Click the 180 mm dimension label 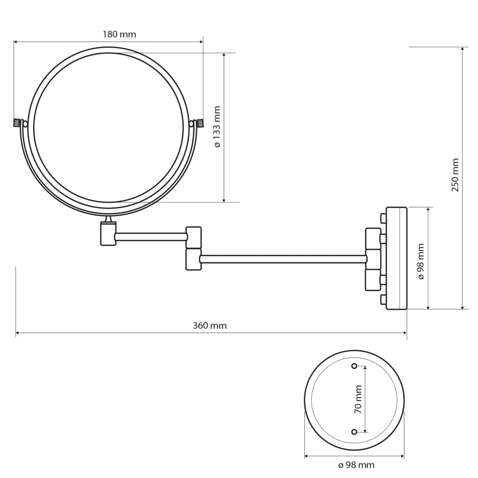pyautogui.click(x=119, y=34)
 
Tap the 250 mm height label pyautogui.click(x=456, y=175)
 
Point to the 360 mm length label pyautogui.click(x=210, y=325)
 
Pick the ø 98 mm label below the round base pyautogui.click(x=356, y=465)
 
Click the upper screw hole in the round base pyautogui.click(x=354, y=365)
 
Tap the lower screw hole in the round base pyautogui.click(x=354, y=431)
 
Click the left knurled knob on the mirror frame pyautogui.click(x=17, y=123)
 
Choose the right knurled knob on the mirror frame pyautogui.click(x=200, y=123)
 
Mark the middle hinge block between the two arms pyautogui.click(x=193, y=248)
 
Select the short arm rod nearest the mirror pyautogui.click(x=150, y=237)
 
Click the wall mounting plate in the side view pyautogui.click(x=396, y=259)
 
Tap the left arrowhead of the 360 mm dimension pyautogui.click(x=18, y=333)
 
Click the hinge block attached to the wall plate pyautogui.click(x=373, y=259)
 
